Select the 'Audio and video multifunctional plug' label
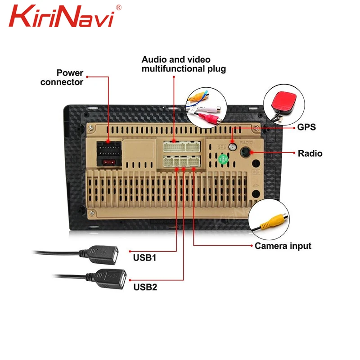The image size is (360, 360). click(183, 64)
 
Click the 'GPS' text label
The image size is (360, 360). click(306, 127)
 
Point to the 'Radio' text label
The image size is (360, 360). click(310, 153)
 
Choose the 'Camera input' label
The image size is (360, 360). click(283, 246)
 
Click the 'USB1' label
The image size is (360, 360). click(144, 258)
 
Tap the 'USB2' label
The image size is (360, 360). click(144, 287)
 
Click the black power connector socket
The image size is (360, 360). click(109, 148)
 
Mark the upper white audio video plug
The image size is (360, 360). click(182, 147)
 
